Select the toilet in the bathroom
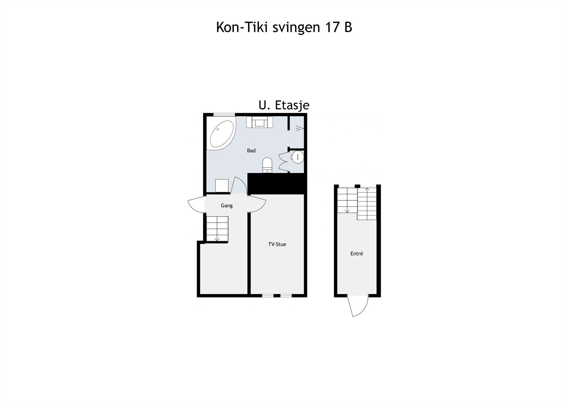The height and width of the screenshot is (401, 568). pos(267,165)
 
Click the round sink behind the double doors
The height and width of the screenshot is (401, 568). pos(297,157)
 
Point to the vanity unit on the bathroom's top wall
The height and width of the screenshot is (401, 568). pos(260,122)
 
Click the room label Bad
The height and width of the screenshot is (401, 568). pos(251,151)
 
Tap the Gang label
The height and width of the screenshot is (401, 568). pos(226,206)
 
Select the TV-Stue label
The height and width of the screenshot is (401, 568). pos(277,244)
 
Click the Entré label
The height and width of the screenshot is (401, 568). pos(356,254)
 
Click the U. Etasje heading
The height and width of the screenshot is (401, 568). pos(284,105)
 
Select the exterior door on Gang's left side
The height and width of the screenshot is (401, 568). pos(196,205)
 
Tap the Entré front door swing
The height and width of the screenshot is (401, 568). pos(359,306)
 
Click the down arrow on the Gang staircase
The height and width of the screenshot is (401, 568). pos(217,238)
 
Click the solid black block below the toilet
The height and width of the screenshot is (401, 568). pos(277,184)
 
